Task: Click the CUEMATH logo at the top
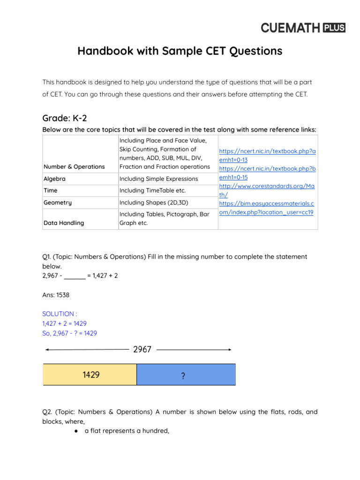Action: click(290, 28)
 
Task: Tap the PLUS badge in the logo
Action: click(334, 28)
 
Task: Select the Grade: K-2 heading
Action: click(65, 119)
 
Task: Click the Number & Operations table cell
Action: click(74, 166)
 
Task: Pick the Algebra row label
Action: click(55, 179)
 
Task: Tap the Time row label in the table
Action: click(51, 190)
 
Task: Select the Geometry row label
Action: click(58, 202)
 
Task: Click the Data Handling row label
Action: click(64, 223)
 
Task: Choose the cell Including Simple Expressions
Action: click(158, 179)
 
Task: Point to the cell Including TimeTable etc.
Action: click(152, 190)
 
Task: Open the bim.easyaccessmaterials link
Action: click(267, 208)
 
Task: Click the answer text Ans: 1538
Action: click(56, 295)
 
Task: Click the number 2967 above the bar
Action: click(142, 350)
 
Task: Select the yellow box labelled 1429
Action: click(90, 375)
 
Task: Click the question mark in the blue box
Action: click(182, 376)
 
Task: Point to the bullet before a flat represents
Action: click(75, 430)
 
